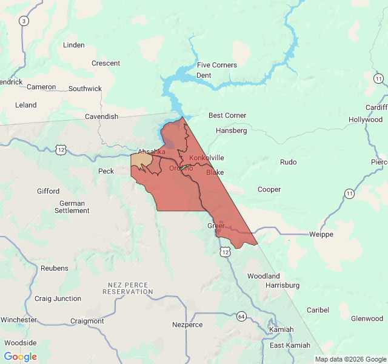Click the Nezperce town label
click(187, 325)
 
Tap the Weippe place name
click(321, 234)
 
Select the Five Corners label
click(216, 65)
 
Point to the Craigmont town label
click(87, 321)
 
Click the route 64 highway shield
click(241, 316)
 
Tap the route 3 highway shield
click(24, 21)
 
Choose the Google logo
click(20, 357)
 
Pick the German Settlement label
click(72, 207)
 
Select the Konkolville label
click(207, 158)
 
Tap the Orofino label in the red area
click(181, 168)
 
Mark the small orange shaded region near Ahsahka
click(141, 160)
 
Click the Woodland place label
click(263, 276)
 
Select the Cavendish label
click(101, 116)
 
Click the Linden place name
click(74, 45)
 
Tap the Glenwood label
click(367, 318)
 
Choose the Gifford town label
click(48, 191)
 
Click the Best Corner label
click(227, 115)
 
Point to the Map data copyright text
click(350, 359)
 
